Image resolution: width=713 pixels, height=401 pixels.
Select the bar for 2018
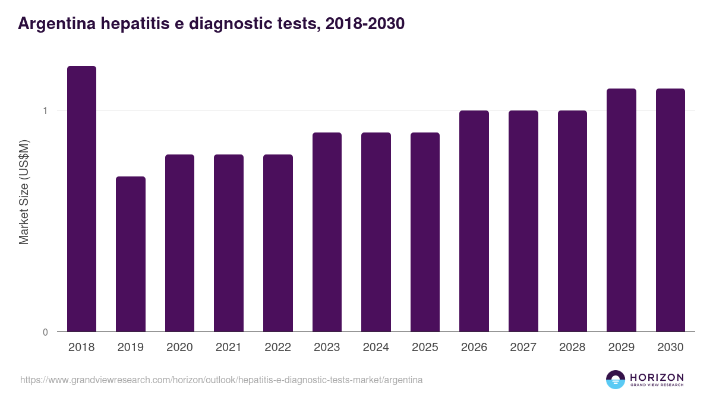pyautogui.click(x=81, y=199)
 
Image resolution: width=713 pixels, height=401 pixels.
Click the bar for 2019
pyautogui.click(x=131, y=254)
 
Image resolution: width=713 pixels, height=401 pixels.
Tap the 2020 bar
pyautogui.click(x=179, y=243)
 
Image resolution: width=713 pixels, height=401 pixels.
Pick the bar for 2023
pyautogui.click(x=327, y=232)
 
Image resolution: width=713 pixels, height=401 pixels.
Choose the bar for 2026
pyautogui.click(x=474, y=221)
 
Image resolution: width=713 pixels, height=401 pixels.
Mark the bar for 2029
pyautogui.click(x=621, y=210)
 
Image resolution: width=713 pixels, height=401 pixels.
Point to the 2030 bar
pyautogui.click(x=670, y=210)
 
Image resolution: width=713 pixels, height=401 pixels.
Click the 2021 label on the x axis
pyautogui.click(x=229, y=348)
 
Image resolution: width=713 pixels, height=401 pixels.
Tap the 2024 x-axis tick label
pyautogui.click(x=376, y=348)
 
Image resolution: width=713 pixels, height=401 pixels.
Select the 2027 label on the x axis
pyautogui.click(x=523, y=348)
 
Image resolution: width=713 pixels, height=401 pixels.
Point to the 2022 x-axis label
pyautogui.click(x=277, y=348)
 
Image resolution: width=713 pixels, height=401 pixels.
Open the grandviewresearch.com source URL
pyautogui.click(x=222, y=380)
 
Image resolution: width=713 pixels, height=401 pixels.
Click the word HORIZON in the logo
pyautogui.click(x=657, y=377)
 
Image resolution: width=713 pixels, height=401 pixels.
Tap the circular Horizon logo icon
pyautogui.click(x=616, y=380)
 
